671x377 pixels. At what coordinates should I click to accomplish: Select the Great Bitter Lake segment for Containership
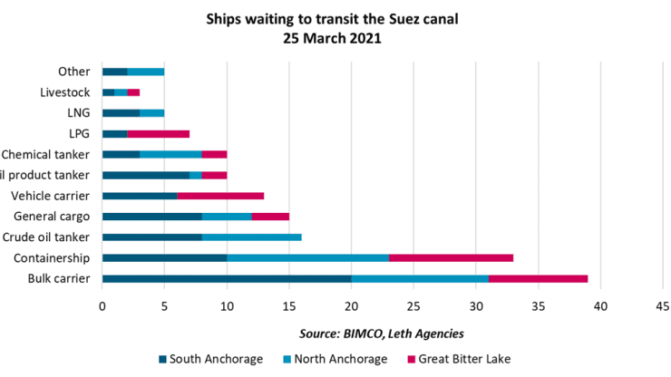coord(451,257)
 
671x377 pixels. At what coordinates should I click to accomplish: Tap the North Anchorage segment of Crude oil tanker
coord(251,237)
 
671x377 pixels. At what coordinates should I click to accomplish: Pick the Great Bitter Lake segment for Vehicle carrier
coord(220,196)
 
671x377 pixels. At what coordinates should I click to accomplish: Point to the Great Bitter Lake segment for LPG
coord(158,134)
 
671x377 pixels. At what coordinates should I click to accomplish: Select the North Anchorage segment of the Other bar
coord(146,72)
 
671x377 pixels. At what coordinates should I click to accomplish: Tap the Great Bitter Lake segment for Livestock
coord(133,92)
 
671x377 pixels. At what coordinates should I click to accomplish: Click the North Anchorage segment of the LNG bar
coord(151,113)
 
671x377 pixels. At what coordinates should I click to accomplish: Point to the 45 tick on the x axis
coord(662,306)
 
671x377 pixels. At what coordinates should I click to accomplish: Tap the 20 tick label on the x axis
coord(351,306)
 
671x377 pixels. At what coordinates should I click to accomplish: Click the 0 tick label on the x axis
coord(102,306)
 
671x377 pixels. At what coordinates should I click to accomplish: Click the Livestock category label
coord(65,92)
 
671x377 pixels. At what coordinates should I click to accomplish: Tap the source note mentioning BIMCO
coord(381,333)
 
